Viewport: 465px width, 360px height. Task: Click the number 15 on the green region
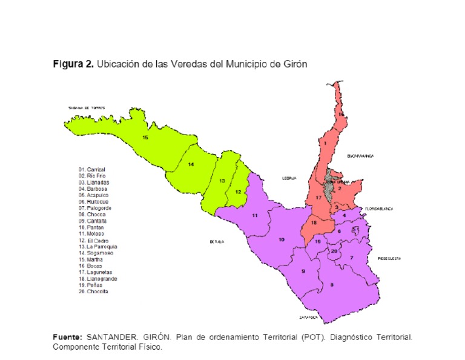[145, 138]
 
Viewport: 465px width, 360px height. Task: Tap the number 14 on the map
[190, 164]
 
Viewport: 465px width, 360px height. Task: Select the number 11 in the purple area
[255, 216]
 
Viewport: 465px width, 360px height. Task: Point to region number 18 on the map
[313, 222]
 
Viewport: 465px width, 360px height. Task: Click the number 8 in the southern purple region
[331, 285]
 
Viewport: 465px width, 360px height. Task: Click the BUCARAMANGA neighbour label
[360, 156]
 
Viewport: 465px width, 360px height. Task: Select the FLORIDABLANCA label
[378, 208]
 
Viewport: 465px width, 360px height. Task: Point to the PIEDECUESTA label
[389, 258]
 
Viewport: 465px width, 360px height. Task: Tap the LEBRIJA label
[288, 178]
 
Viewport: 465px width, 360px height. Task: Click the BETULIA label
[217, 241]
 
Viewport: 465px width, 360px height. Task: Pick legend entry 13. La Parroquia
[97, 247]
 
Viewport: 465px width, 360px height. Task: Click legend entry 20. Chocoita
[93, 292]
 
